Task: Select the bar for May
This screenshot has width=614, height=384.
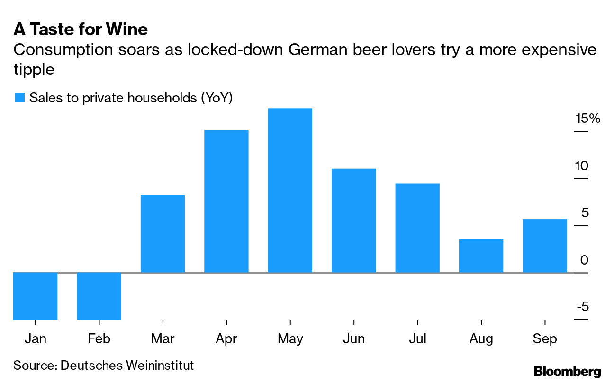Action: tap(290, 190)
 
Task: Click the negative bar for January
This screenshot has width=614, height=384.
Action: tap(36, 296)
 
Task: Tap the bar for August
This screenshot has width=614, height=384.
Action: tap(481, 256)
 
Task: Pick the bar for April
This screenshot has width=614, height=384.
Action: tap(226, 201)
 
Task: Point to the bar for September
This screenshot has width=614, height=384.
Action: tap(544, 246)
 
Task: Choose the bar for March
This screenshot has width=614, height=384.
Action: tap(163, 234)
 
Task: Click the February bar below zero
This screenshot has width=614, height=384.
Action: tap(99, 296)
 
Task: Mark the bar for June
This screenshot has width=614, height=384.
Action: tap(353, 220)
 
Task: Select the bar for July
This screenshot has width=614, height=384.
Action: tap(417, 228)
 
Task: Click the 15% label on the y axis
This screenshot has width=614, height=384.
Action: tap(587, 119)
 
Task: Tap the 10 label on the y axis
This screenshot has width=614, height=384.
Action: tap(582, 166)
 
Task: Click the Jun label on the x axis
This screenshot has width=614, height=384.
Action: tap(353, 339)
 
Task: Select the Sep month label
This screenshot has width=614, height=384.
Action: tap(544, 339)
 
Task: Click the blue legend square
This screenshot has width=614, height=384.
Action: tap(19, 98)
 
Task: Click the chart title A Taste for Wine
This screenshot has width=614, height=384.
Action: tap(81, 29)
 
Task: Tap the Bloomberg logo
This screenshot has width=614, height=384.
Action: tap(568, 371)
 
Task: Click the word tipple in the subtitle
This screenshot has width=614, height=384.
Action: tap(34, 70)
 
